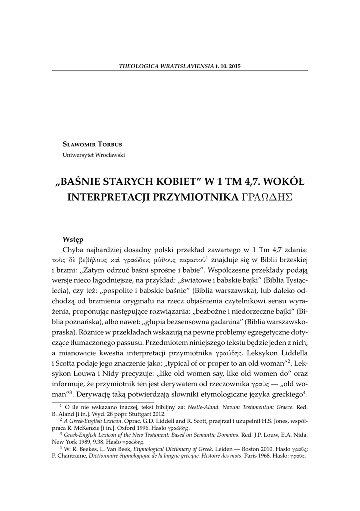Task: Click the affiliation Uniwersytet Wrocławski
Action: [93, 155]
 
